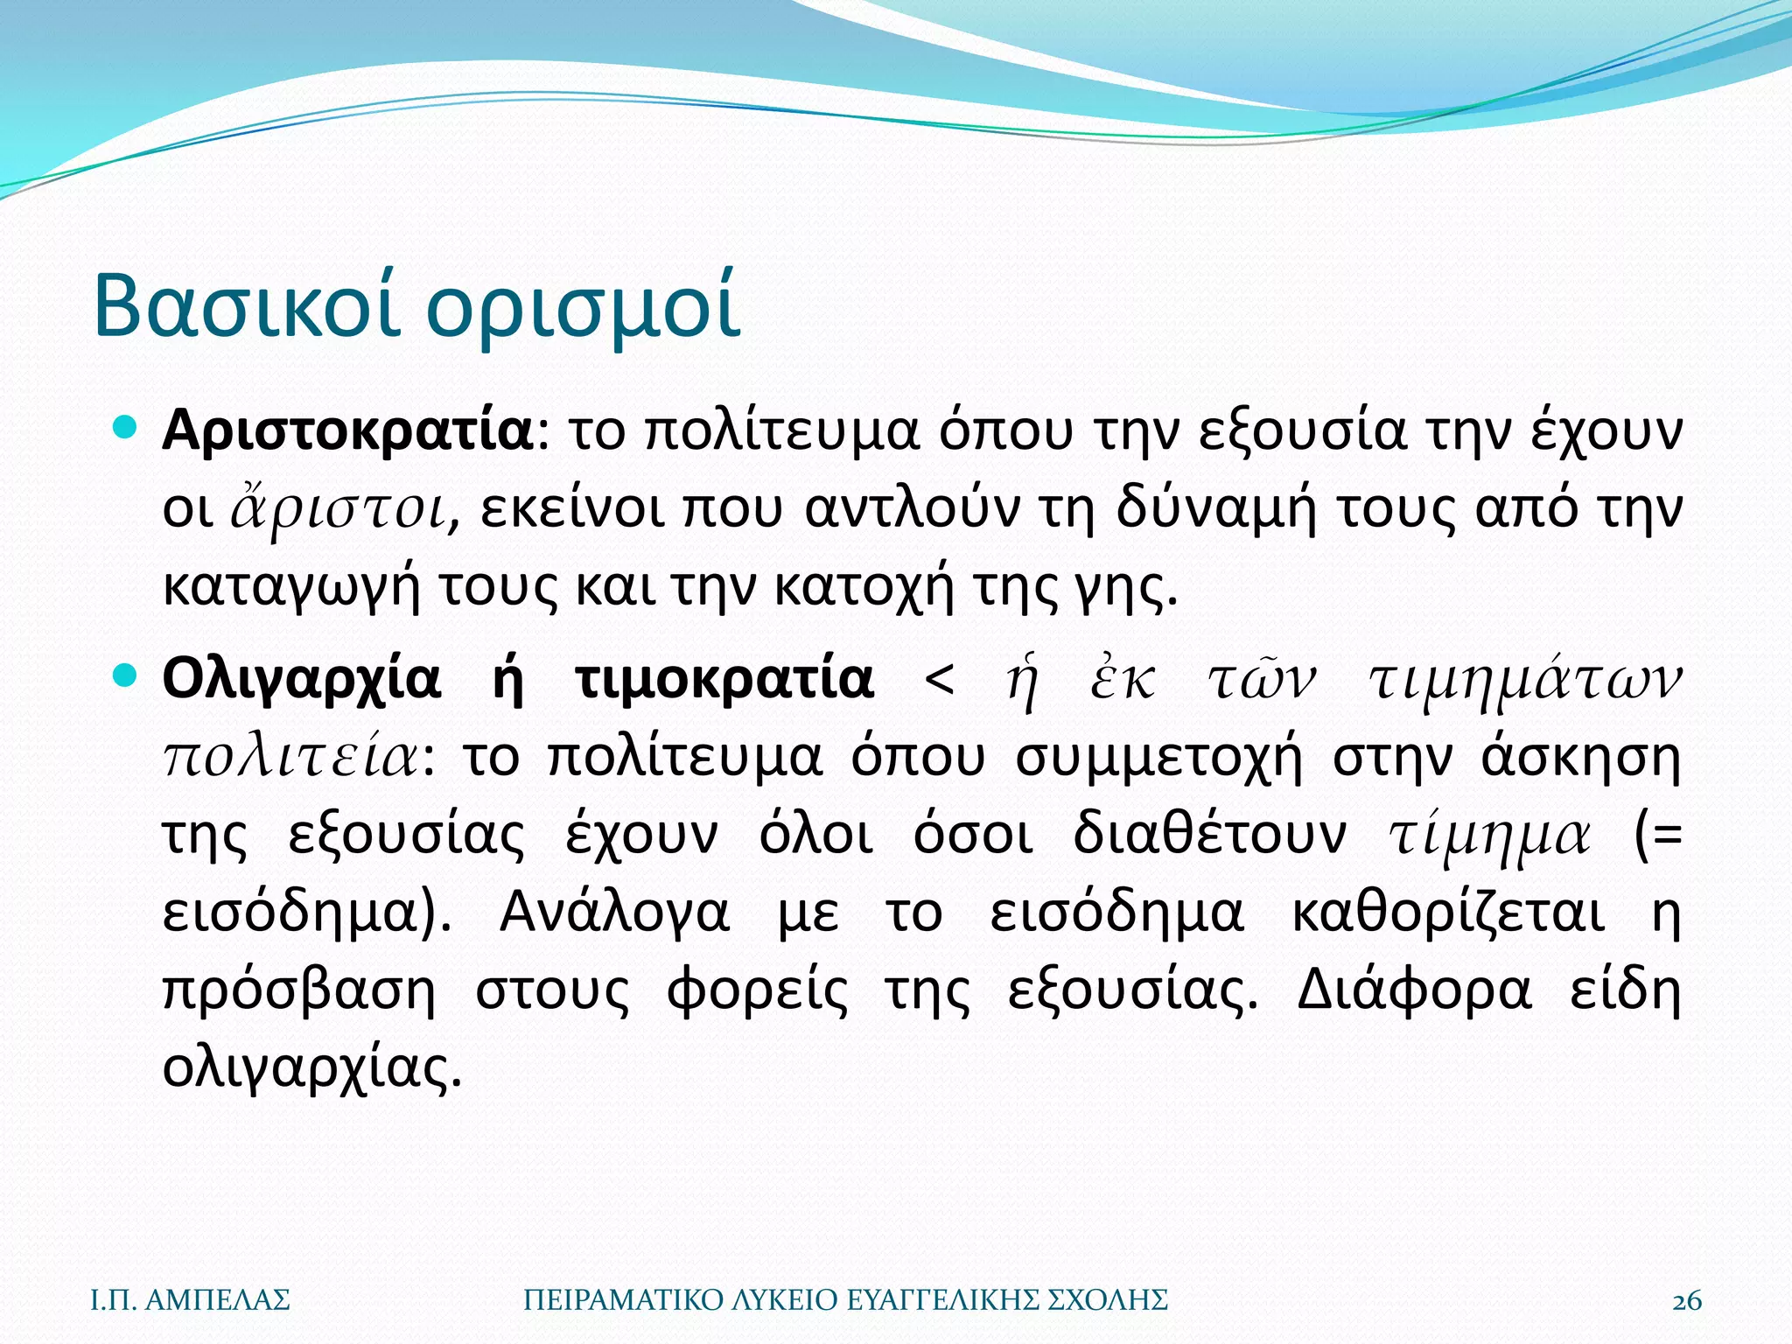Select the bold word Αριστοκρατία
[347, 431]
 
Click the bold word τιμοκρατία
[725, 679]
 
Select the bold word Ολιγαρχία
[302, 681]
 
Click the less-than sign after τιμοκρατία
[940, 679]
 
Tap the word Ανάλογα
[614, 913]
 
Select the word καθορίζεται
[1448, 913]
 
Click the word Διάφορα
[1414, 990]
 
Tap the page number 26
[1687, 1301]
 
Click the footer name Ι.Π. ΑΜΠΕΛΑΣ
[191, 1301]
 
